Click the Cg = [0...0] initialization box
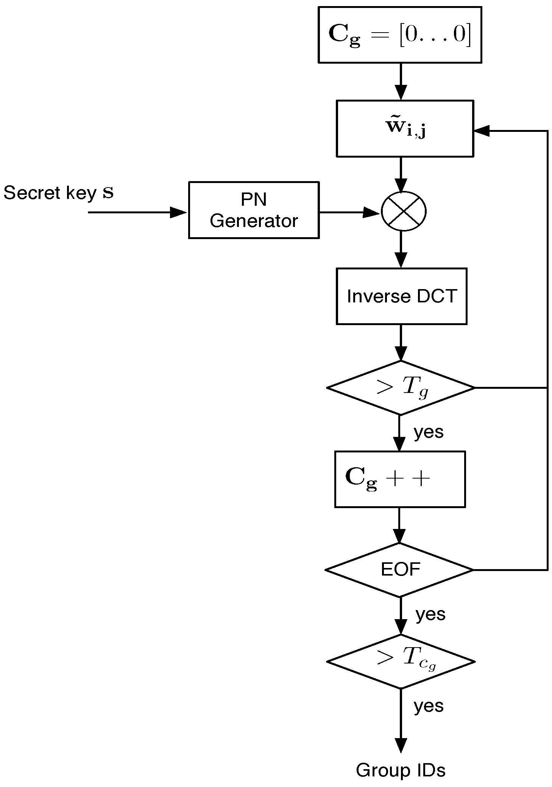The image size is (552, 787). click(399, 34)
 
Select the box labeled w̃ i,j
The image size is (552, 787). click(405, 128)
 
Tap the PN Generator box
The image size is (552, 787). click(254, 210)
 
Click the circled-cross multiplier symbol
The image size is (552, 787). click(404, 211)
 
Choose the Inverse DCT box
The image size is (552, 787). click(401, 296)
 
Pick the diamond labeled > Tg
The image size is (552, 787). click(401, 388)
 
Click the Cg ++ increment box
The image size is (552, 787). click(400, 479)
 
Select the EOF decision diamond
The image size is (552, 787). click(400, 570)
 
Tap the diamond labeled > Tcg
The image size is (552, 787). click(401, 662)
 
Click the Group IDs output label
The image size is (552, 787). click(401, 770)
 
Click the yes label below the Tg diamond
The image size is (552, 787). click(429, 432)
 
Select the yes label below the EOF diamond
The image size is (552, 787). click(430, 614)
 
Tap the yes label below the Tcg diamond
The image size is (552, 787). click(429, 706)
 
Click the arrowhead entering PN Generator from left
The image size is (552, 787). click(178, 212)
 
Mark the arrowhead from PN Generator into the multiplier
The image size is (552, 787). click(371, 212)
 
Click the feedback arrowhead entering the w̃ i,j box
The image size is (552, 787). click(482, 131)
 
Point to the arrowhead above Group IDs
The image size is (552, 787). click(401, 745)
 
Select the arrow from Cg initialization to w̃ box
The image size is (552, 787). click(401, 81)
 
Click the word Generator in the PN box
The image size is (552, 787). click(254, 221)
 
